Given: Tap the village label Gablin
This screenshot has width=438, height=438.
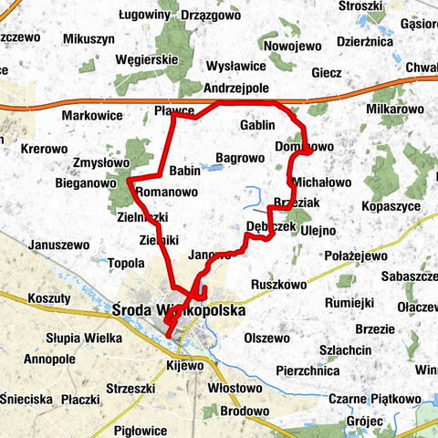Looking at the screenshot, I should pyautogui.click(x=257, y=124).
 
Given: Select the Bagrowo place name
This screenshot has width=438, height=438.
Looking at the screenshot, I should pyautogui.click(x=240, y=158).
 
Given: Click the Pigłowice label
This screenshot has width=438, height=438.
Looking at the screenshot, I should pyautogui.click(x=141, y=430).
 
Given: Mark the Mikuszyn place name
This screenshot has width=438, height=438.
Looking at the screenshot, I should pyautogui.click(x=89, y=40).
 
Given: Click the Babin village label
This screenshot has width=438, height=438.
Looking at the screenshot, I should pyautogui.click(x=185, y=171).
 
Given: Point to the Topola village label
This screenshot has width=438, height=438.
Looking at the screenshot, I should pyautogui.click(x=126, y=265).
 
